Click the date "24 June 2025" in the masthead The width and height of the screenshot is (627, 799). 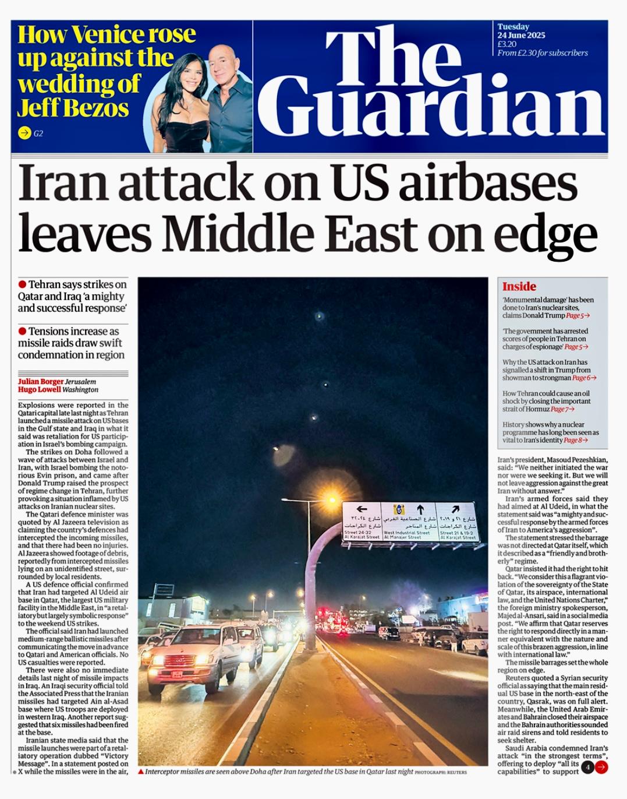pos(521,35)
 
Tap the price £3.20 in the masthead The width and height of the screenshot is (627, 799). pos(506,44)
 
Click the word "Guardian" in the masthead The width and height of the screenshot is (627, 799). pos(431,108)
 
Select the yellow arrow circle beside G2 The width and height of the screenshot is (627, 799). pos(24,133)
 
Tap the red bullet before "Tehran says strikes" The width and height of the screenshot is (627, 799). pos(22,284)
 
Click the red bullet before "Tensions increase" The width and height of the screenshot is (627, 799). pos(22,331)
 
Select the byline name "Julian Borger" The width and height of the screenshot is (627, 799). pos(41,382)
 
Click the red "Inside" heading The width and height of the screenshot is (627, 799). pos(519,286)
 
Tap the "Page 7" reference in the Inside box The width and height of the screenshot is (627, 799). pos(562,409)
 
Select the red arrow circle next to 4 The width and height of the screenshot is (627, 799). pos(601,767)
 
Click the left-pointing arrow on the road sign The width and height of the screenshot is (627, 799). pos(362,509)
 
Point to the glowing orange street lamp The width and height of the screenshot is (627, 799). pos(332,499)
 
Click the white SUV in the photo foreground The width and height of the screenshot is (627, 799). pos(185,656)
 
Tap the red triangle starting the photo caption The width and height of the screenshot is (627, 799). pos(141,772)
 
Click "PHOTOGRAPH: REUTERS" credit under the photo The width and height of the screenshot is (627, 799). pos(441,772)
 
